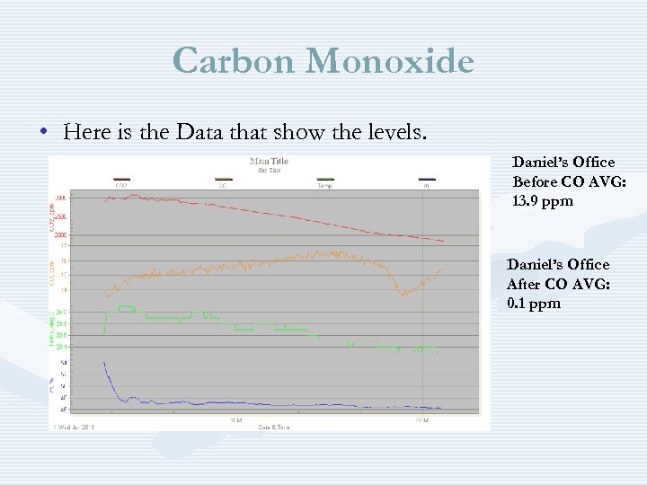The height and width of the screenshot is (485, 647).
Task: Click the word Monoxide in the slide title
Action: [389, 61]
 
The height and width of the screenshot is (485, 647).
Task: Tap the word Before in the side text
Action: [536, 181]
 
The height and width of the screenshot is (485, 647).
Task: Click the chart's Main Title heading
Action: [269, 162]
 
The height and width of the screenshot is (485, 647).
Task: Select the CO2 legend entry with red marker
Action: [121, 182]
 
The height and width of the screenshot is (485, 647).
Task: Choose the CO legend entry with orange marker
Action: [222, 182]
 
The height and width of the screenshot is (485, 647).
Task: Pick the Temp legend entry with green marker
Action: [325, 182]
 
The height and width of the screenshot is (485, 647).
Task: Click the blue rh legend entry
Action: [427, 182]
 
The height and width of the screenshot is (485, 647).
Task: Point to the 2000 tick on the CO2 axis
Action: [61, 234]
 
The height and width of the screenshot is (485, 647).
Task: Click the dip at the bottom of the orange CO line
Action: [404, 293]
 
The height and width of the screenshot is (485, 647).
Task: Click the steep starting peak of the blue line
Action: [104, 365]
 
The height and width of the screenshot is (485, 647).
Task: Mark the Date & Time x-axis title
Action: [269, 426]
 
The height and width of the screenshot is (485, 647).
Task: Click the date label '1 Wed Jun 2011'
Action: [74, 426]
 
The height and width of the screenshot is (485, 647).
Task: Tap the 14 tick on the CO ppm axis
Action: [64, 289]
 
